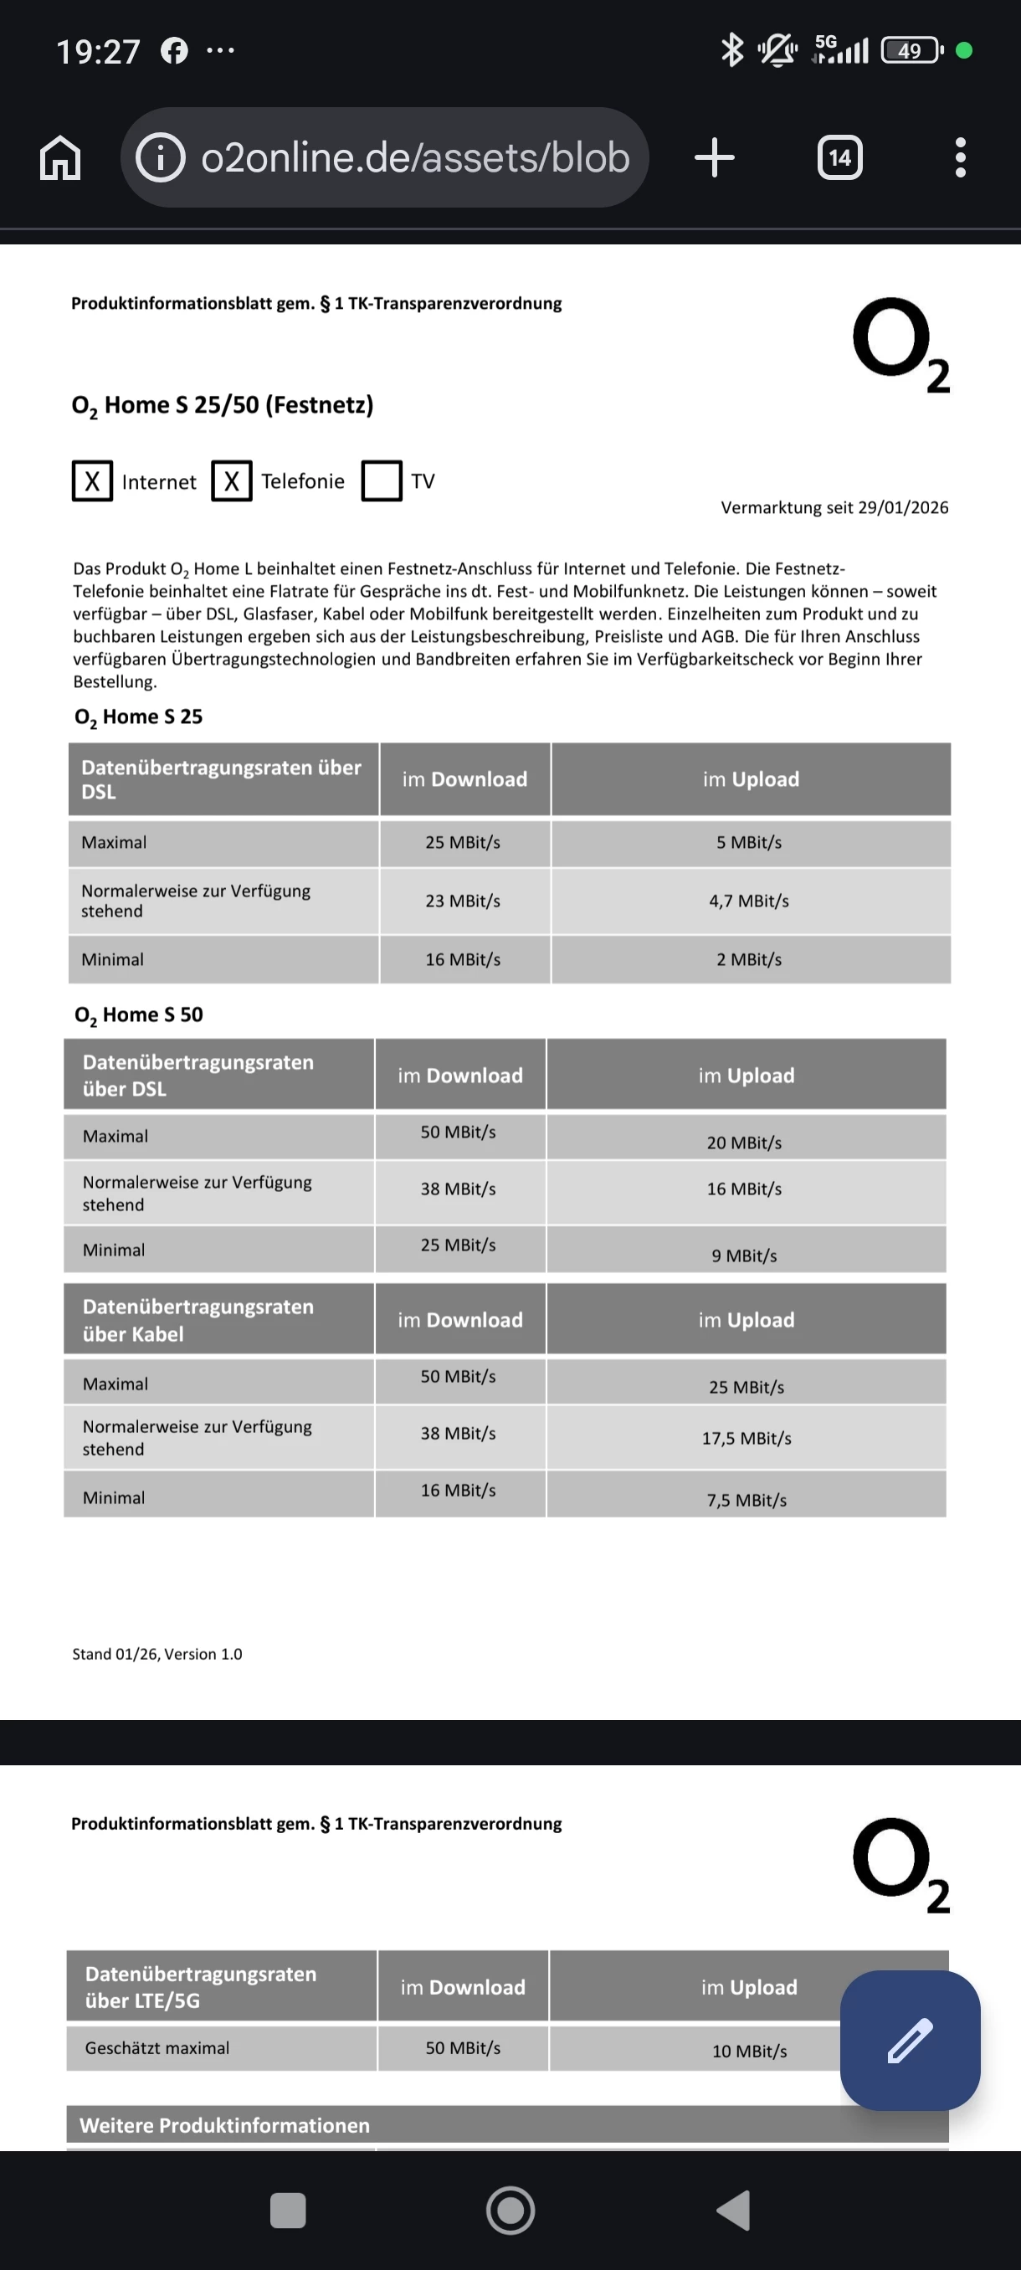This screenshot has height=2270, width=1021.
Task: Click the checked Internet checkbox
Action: [x=93, y=481]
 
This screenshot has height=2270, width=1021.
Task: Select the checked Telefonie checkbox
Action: [x=232, y=481]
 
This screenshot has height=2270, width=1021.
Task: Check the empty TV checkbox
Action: [x=382, y=481]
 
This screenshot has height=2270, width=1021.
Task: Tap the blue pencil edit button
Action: [x=910, y=2040]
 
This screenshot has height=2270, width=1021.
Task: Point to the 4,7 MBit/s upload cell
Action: [x=749, y=901]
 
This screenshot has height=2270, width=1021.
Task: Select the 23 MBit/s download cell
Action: [x=463, y=901]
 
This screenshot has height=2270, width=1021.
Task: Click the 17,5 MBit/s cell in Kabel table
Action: [x=747, y=1438]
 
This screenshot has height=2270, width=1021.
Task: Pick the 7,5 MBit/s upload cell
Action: [x=747, y=1500]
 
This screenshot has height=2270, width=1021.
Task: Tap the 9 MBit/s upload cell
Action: [x=744, y=1256]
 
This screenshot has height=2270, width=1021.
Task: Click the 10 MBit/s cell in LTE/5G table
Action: [x=749, y=2052]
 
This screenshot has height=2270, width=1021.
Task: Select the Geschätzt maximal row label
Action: [x=156, y=2048]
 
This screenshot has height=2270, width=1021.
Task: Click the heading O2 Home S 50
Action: [x=138, y=1015]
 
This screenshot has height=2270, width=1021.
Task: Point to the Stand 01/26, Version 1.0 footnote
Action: [x=156, y=1654]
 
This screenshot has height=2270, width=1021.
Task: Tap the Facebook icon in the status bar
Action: [x=173, y=51]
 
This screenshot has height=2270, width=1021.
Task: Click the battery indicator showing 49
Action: [x=911, y=51]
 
